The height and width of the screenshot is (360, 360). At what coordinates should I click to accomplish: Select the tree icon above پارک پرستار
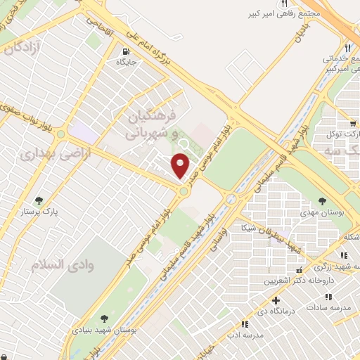[x=39, y=200]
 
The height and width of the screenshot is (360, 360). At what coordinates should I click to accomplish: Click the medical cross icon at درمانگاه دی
[x=284, y=301]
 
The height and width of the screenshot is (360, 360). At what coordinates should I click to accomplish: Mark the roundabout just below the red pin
[x=184, y=191]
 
